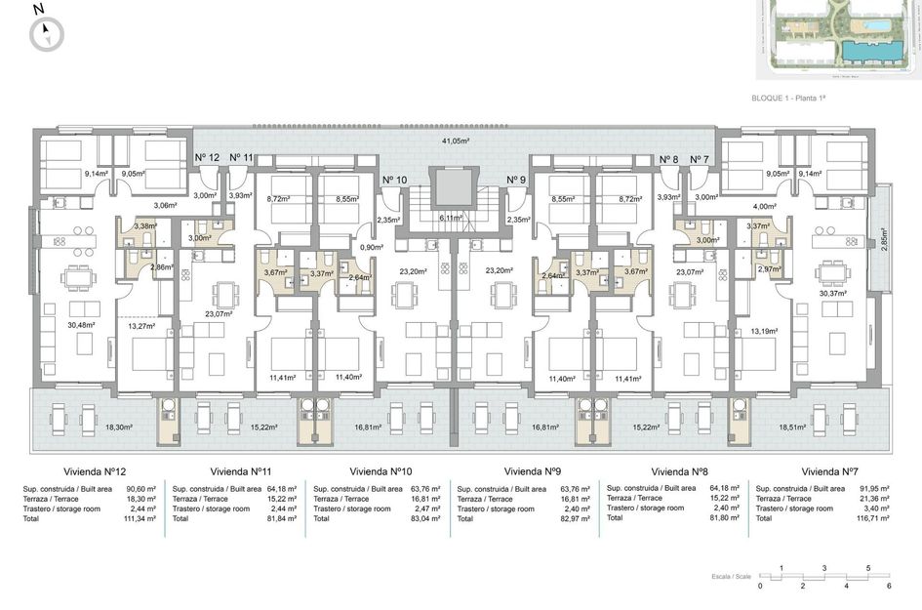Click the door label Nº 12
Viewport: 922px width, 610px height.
pyautogui.click(x=207, y=158)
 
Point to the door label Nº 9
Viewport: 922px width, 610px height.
pyautogui.click(x=516, y=180)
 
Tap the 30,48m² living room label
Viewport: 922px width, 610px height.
pyautogui.click(x=83, y=325)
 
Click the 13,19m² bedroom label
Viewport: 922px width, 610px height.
pyautogui.click(x=764, y=331)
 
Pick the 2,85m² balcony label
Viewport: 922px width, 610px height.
pyautogui.click(x=884, y=240)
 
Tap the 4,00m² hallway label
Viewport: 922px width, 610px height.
pyautogui.click(x=765, y=206)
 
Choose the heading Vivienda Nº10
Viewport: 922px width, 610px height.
pyautogui.click(x=385, y=469)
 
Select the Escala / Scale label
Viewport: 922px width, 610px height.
pyautogui.click(x=733, y=577)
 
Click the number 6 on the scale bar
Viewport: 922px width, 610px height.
pyautogui.click(x=889, y=586)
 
